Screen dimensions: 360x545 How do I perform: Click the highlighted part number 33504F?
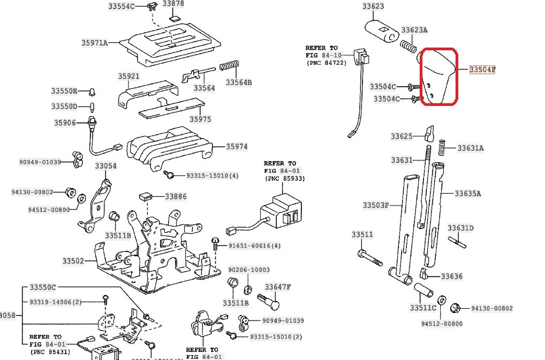click(482, 70)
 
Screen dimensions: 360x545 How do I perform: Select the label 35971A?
click(95, 42)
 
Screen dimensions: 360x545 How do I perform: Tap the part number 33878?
click(173, 4)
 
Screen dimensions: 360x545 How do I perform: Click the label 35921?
click(128, 76)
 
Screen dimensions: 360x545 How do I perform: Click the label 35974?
click(236, 146)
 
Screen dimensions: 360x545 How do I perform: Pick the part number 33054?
click(105, 166)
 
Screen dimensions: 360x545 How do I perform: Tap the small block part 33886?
click(144, 196)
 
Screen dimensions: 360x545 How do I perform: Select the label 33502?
click(73, 261)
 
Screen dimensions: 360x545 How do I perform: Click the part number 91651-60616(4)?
click(254, 246)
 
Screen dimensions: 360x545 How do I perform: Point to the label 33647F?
click(277, 287)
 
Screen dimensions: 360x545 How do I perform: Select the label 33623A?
click(414, 30)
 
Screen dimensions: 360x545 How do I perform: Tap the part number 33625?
click(402, 136)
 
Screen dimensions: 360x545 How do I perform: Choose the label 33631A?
click(470, 148)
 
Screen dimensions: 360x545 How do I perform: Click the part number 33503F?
click(376, 205)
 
